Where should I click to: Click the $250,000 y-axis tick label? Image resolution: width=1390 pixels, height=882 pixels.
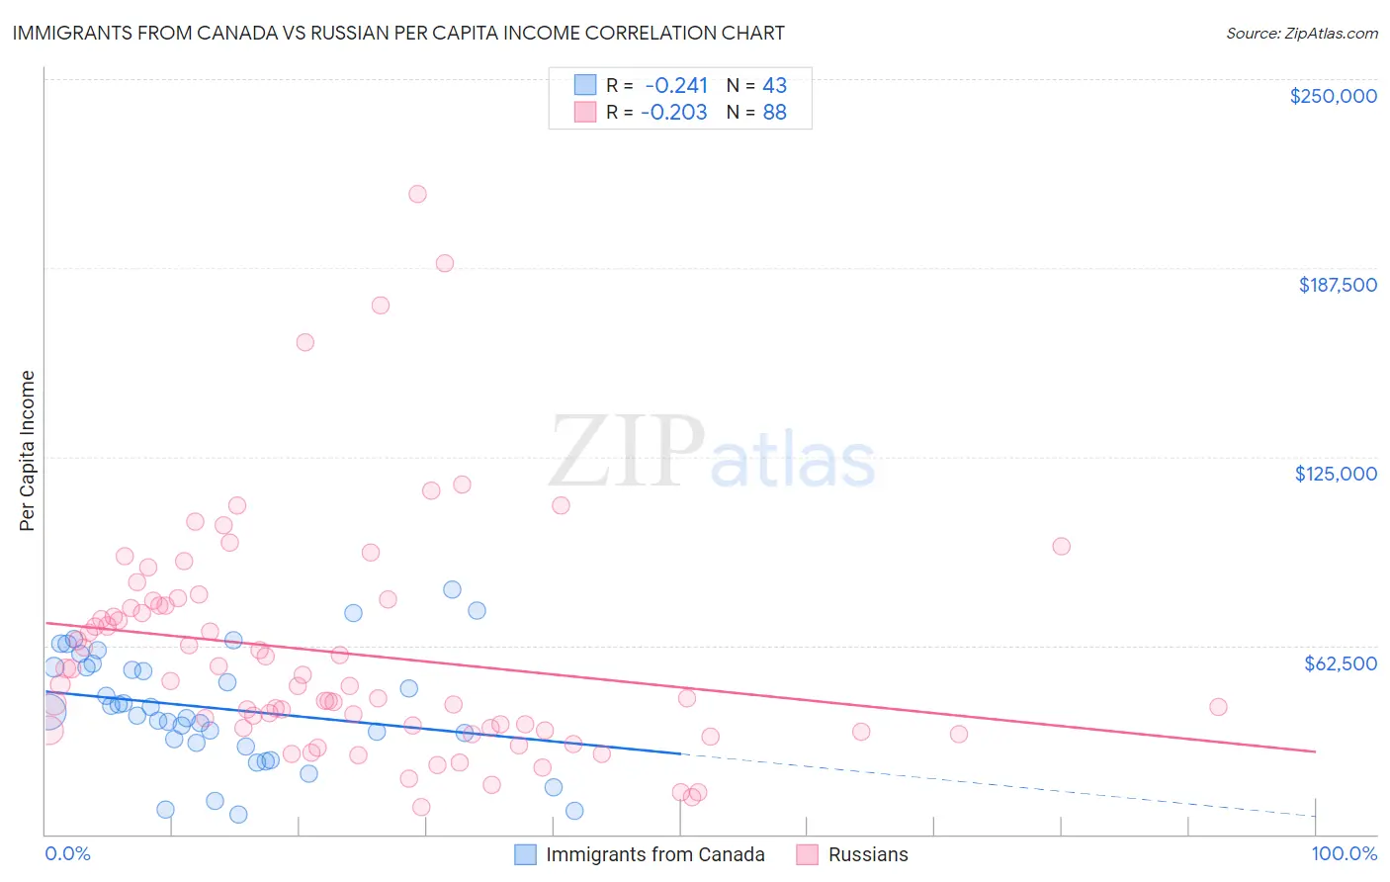click(x=1333, y=96)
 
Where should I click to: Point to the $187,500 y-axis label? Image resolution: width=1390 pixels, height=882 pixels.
click(x=1337, y=285)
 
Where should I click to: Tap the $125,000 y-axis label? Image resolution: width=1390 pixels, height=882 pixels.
click(x=1336, y=474)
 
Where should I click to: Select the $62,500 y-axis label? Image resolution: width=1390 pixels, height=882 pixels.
click(x=1340, y=663)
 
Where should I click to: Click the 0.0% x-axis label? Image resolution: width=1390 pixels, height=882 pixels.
click(x=67, y=853)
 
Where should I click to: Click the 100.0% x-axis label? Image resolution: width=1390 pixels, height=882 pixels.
click(x=1344, y=853)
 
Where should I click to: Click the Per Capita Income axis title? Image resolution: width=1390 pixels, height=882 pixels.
click(x=28, y=450)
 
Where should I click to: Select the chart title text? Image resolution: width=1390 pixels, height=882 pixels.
click(x=398, y=33)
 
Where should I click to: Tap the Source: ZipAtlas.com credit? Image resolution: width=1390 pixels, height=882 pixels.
click(x=1301, y=34)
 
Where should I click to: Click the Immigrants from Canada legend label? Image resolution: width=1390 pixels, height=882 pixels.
click(x=654, y=854)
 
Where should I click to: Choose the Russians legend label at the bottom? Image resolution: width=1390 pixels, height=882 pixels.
click(x=867, y=854)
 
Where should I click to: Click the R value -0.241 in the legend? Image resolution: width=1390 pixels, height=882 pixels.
click(x=676, y=85)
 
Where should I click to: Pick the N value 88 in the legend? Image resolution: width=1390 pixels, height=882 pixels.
click(x=774, y=112)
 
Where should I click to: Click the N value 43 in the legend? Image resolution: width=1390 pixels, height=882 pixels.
click(x=774, y=85)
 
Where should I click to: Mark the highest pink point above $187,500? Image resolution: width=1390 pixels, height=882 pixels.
click(x=417, y=194)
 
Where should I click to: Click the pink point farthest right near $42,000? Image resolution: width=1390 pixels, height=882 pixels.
click(x=1218, y=707)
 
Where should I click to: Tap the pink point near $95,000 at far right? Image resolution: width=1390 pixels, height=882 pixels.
click(x=1061, y=546)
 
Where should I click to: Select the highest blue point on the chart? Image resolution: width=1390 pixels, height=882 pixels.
click(x=452, y=589)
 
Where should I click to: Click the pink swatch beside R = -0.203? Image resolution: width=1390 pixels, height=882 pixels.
click(x=585, y=112)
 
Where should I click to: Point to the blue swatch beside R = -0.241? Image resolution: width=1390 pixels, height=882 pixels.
click(x=585, y=85)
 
